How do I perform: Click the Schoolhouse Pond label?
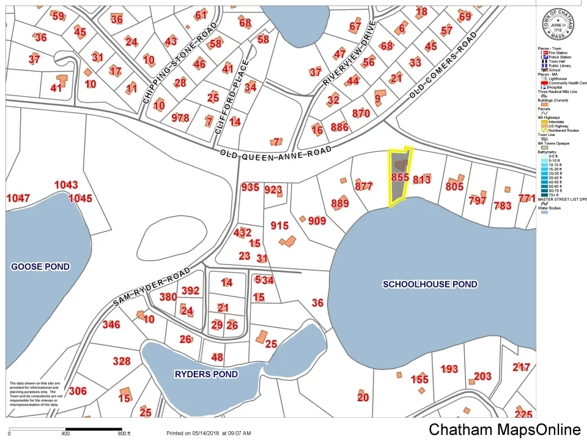[429, 284]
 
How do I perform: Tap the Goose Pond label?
[40, 266]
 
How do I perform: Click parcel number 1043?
[66, 185]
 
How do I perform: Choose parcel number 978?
[180, 118]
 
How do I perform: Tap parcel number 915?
[279, 226]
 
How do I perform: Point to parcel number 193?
[449, 369]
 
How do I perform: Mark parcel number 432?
[242, 233]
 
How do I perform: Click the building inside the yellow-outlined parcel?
[401, 165]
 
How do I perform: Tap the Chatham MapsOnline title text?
[504, 430]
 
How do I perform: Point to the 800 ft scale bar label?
[124, 434]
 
